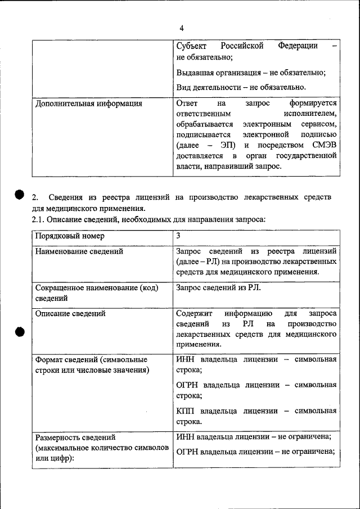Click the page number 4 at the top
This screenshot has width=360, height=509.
(182, 28)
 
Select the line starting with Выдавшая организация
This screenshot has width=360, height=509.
(251, 73)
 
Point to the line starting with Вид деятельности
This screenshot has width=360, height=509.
(241, 87)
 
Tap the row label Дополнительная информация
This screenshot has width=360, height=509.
(89, 103)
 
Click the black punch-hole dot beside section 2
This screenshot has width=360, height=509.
(19, 194)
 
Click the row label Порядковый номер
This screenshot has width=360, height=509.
(70, 237)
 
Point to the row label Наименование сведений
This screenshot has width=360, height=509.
(79, 251)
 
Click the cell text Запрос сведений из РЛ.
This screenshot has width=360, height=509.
(218, 287)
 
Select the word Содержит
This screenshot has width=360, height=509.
(193, 313)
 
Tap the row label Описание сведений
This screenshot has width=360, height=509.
(70, 313)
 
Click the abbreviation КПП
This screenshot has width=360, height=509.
(186, 411)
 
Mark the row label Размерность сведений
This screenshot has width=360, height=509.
(75, 437)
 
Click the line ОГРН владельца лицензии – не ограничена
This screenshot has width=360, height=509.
(255, 451)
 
